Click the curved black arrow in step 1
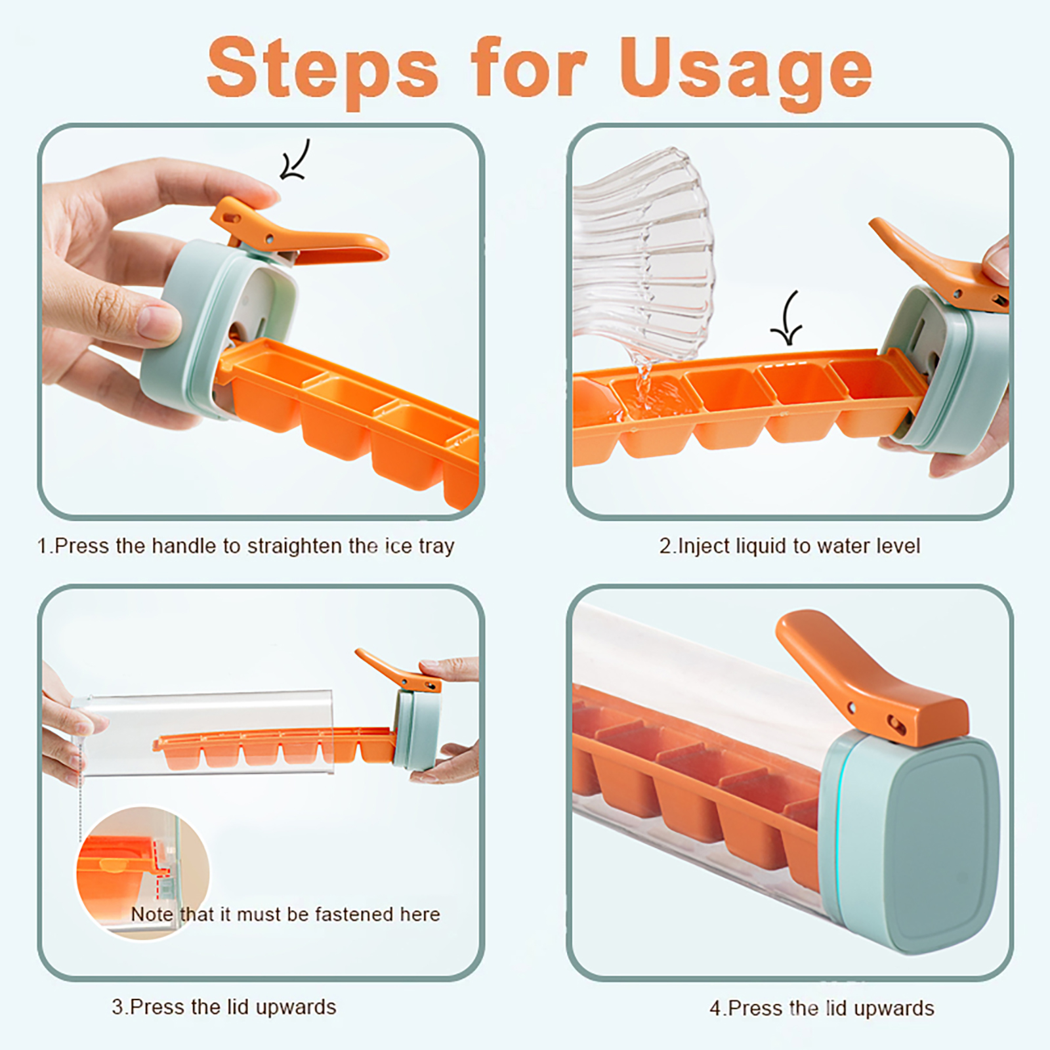pyautogui.click(x=295, y=159)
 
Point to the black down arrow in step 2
pyautogui.click(x=787, y=319)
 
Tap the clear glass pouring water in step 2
pyautogui.click(x=643, y=256)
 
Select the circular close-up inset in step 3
pyautogui.click(x=142, y=873)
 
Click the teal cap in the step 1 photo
pyautogui.click(x=217, y=328)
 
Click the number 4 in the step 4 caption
pyautogui.click(x=715, y=1008)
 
